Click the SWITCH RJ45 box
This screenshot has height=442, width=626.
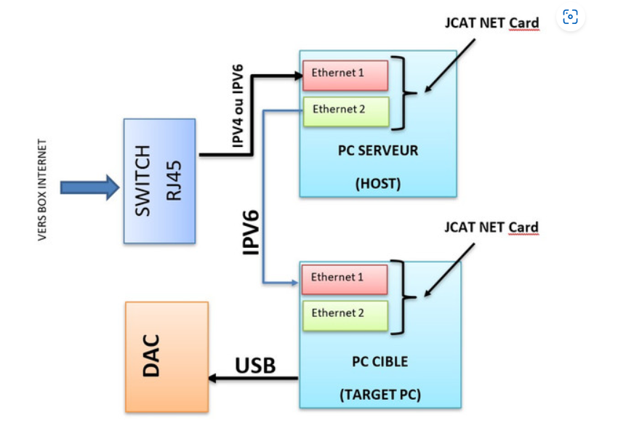tap(159, 181)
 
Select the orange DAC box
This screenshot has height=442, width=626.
tap(166, 356)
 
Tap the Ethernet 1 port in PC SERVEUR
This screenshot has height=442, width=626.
tap(345, 73)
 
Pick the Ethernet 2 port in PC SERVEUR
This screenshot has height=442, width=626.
tap(346, 110)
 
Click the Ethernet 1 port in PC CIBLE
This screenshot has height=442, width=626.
tap(344, 278)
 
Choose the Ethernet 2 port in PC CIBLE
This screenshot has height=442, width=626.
tap(345, 314)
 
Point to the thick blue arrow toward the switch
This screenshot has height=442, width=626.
tap(89, 188)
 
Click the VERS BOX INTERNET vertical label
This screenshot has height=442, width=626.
tap(42, 190)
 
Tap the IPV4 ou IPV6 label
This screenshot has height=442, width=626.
tap(238, 107)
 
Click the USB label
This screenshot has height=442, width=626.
tap(255, 365)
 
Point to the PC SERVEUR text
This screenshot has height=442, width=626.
tap(378, 151)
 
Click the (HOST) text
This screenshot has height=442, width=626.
tap(378, 184)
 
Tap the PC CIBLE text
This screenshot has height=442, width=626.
tap(380, 361)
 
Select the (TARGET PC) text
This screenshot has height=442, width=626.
tap(380, 395)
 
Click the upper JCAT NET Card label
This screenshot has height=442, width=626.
tap(491, 23)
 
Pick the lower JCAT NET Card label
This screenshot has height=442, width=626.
tap(491, 228)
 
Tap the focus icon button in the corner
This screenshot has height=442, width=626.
tap(571, 17)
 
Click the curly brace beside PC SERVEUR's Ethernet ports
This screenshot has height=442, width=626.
tap(409, 93)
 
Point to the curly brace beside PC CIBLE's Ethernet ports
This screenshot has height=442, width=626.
tap(409, 296)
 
